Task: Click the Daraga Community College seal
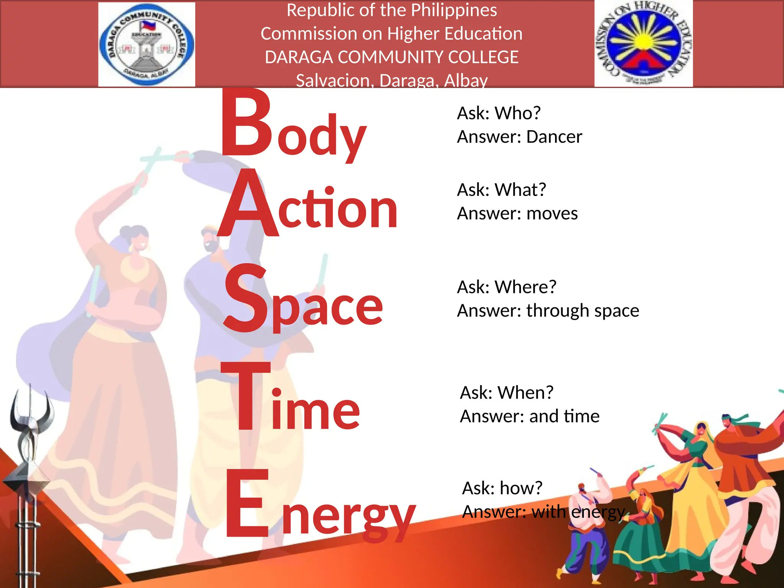point(147,44)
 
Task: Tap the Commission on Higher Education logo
point(644,43)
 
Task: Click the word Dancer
point(554,137)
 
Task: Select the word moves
point(552,213)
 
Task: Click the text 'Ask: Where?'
point(506,287)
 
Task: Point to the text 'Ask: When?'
point(506,392)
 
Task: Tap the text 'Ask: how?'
point(502,488)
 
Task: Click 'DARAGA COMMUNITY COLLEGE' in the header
point(392,57)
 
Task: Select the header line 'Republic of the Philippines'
point(392,10)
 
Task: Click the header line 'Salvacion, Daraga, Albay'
point(392,80)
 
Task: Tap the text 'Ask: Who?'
point(499,113)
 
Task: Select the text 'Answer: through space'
point(548,310)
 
